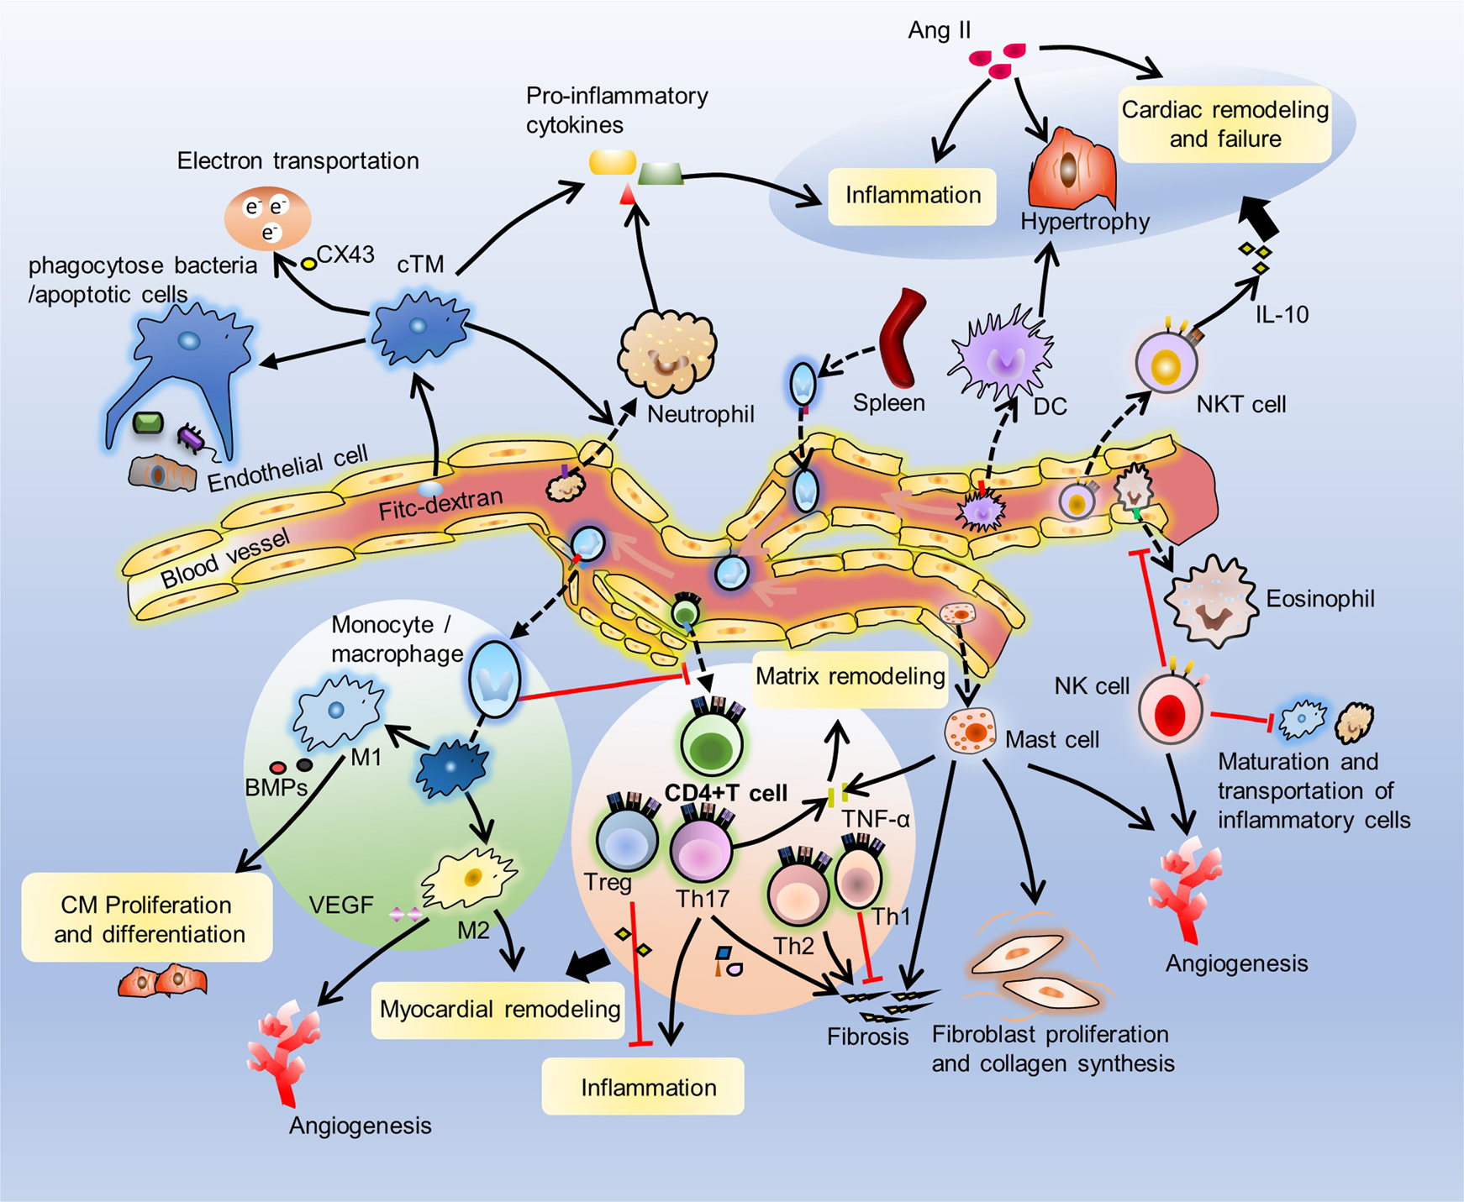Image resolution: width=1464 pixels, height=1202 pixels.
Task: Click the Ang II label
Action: click(939, 31)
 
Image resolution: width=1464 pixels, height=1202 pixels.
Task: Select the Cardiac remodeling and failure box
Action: click(1224, 123)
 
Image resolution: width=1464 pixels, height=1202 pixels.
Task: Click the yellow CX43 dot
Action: click(308, 264)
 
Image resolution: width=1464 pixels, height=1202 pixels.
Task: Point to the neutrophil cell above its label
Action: click(667, 353)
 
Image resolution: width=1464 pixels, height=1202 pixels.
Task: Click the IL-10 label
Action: click(1282, 315)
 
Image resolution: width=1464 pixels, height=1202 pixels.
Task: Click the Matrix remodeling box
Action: click(850, 676)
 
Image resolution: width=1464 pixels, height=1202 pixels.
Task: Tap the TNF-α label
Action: click(876, 819)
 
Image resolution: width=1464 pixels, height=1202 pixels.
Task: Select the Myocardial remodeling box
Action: click(499, 1010)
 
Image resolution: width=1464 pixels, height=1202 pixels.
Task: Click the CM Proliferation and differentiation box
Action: click(148, 918)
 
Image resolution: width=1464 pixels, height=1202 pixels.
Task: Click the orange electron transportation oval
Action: click(267, 218)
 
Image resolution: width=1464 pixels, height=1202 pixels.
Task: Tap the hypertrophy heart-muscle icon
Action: click(1072, 168)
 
